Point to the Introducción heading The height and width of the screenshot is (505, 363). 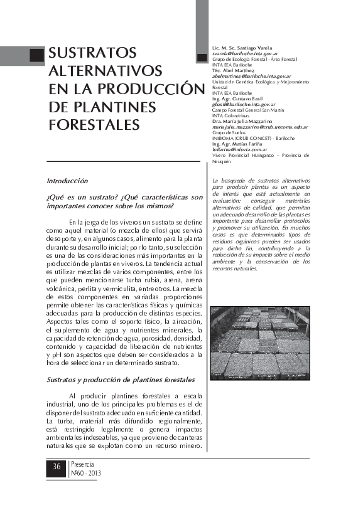tap(67, 181)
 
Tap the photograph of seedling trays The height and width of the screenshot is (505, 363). tap(260, 341)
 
